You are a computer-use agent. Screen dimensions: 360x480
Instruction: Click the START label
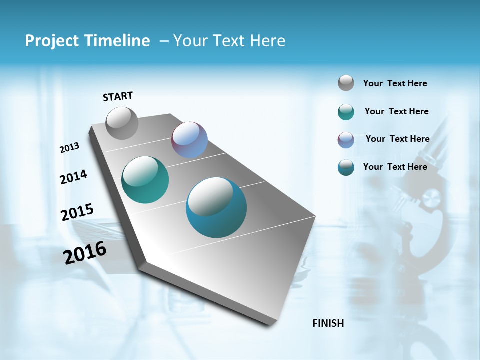[118, 96]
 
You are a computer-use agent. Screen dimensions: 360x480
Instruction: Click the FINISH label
[328, 323]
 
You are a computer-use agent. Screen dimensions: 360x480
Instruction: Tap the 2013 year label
[69, 148]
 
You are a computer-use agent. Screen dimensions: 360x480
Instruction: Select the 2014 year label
[73, 177]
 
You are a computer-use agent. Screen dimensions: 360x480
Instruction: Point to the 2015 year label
[77, 212]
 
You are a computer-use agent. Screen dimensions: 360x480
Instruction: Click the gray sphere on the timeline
[122, 123]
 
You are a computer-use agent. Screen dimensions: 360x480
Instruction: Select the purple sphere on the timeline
[189, 140]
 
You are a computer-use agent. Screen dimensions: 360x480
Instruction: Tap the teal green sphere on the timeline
[145, 180]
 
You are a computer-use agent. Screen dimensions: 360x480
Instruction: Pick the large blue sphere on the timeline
[216, 207]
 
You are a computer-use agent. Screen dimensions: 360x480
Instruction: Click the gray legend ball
[346, 83]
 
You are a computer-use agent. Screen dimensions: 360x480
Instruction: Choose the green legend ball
[346, 112]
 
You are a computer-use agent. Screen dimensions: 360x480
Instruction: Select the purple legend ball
[346, 140]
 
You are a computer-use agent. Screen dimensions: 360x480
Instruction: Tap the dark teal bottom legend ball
[346, 167]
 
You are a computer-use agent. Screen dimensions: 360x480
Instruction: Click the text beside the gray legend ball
[395, 83]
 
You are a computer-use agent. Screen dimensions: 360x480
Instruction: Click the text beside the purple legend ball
[397, 139]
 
